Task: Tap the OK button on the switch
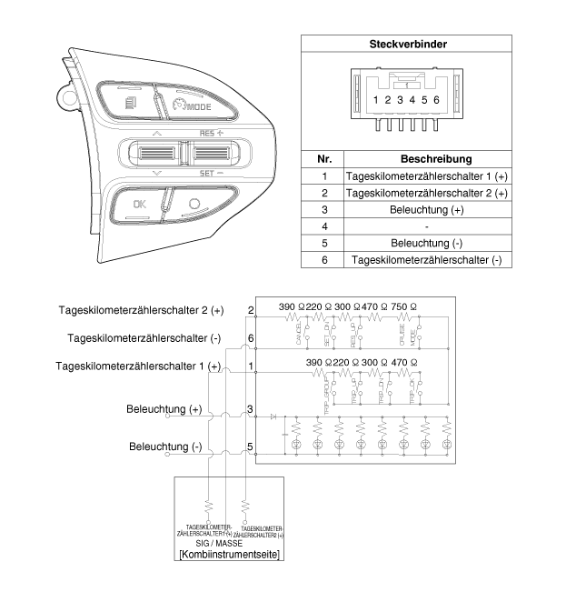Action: (139, 204)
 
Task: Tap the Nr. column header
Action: (324, 158)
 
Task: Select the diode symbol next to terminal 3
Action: (274, 416)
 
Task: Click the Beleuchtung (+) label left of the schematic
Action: (165, 410)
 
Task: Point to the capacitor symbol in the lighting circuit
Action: (285, 436)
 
